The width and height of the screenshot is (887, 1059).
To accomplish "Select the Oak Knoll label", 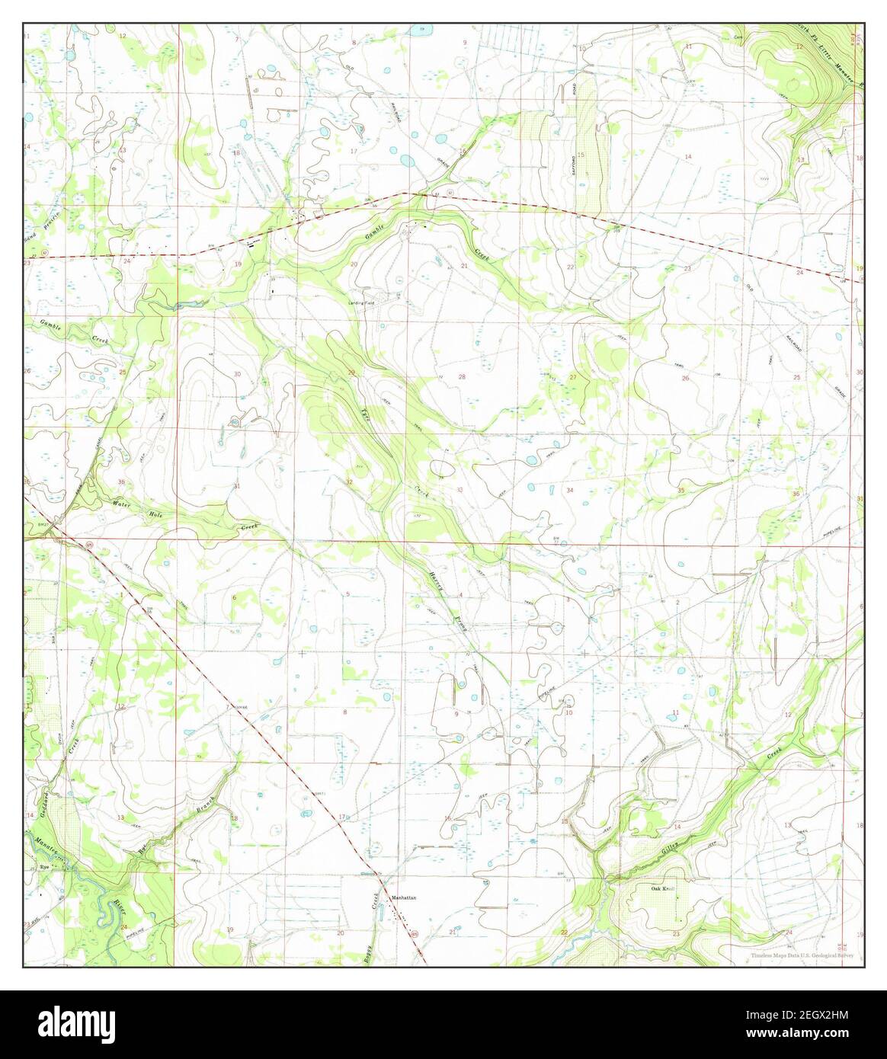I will point(663,888).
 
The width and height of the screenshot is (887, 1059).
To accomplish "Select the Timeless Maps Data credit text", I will point(801,955).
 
